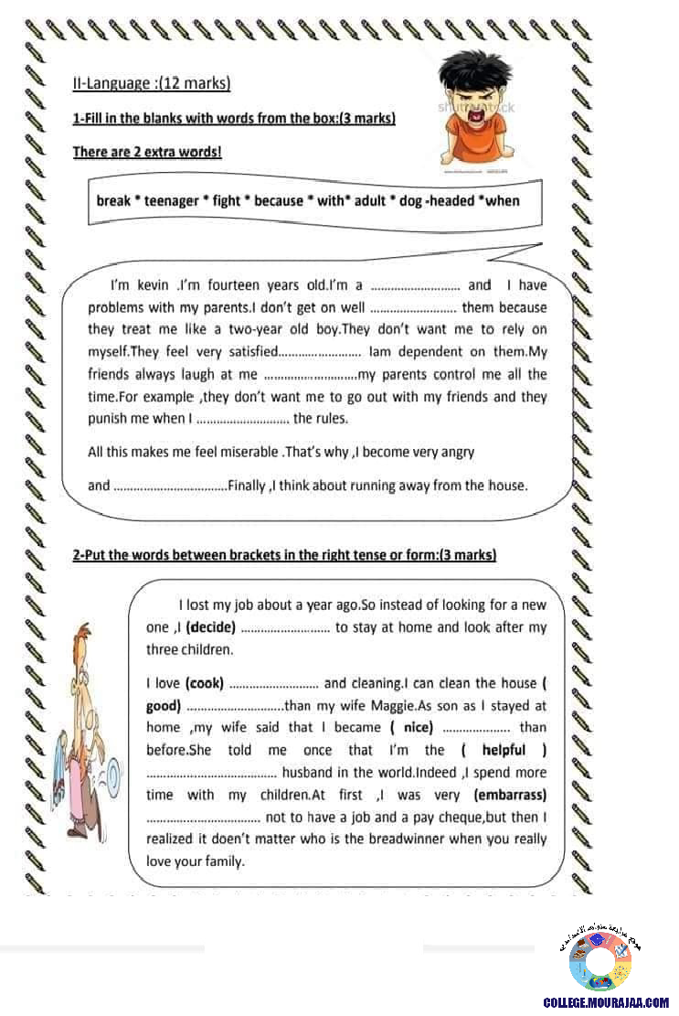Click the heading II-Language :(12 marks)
point(151,84)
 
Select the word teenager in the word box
point(171,201)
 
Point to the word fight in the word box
point(226,201)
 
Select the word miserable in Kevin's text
point(241,452)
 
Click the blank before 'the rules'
point(242,420)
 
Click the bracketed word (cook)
point(205,683)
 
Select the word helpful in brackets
point(504,750)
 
